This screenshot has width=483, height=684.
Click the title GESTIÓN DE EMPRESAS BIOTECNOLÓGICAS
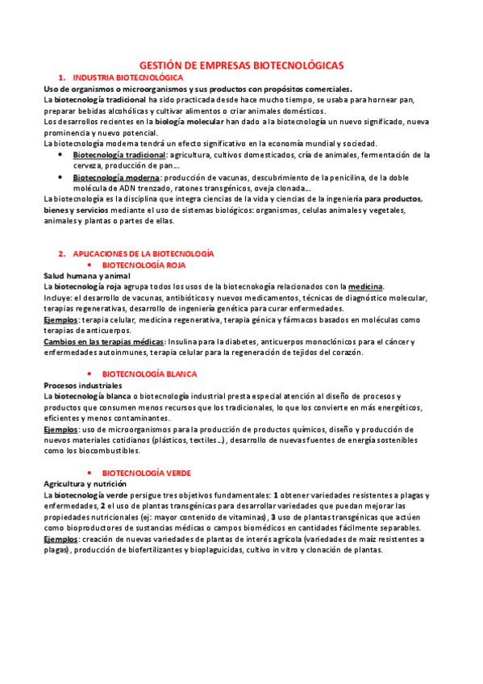[x=241, y=63]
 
